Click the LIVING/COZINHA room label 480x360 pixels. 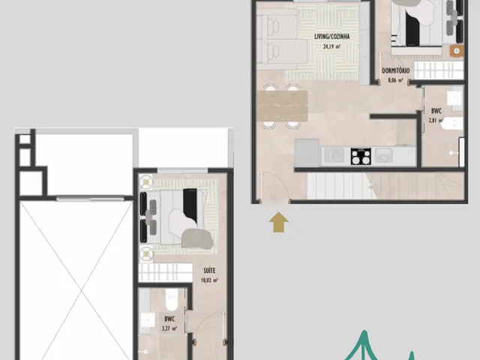[x=331, y=37]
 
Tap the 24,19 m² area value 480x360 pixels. [x=331, y=46]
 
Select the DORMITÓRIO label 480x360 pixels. [x=395, y=70]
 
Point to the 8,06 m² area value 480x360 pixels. [x=395, y=80]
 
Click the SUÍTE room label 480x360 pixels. [x=209, y=271]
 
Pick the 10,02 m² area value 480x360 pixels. [x=209, y=280]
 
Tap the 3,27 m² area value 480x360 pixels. [x=169, y=328]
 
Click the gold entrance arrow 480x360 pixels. [x=278, y=222]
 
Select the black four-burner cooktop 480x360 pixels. [x=361, y=157]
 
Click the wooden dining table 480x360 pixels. [x=282, y=106]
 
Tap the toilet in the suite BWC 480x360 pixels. [x=172, y=299]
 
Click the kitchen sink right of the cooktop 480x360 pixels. [x=384, y=155]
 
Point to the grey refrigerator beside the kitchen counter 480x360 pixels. [x=307, y=153]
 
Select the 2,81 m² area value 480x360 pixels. [x=436, y=120]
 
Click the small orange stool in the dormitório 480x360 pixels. [x=457, y=51]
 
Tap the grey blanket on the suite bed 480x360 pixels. [x=196, y=238]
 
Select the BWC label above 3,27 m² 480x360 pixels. [x=169, y=319]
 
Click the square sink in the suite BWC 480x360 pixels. [x=148, y=320]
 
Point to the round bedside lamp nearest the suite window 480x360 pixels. [x=146, y=182]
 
